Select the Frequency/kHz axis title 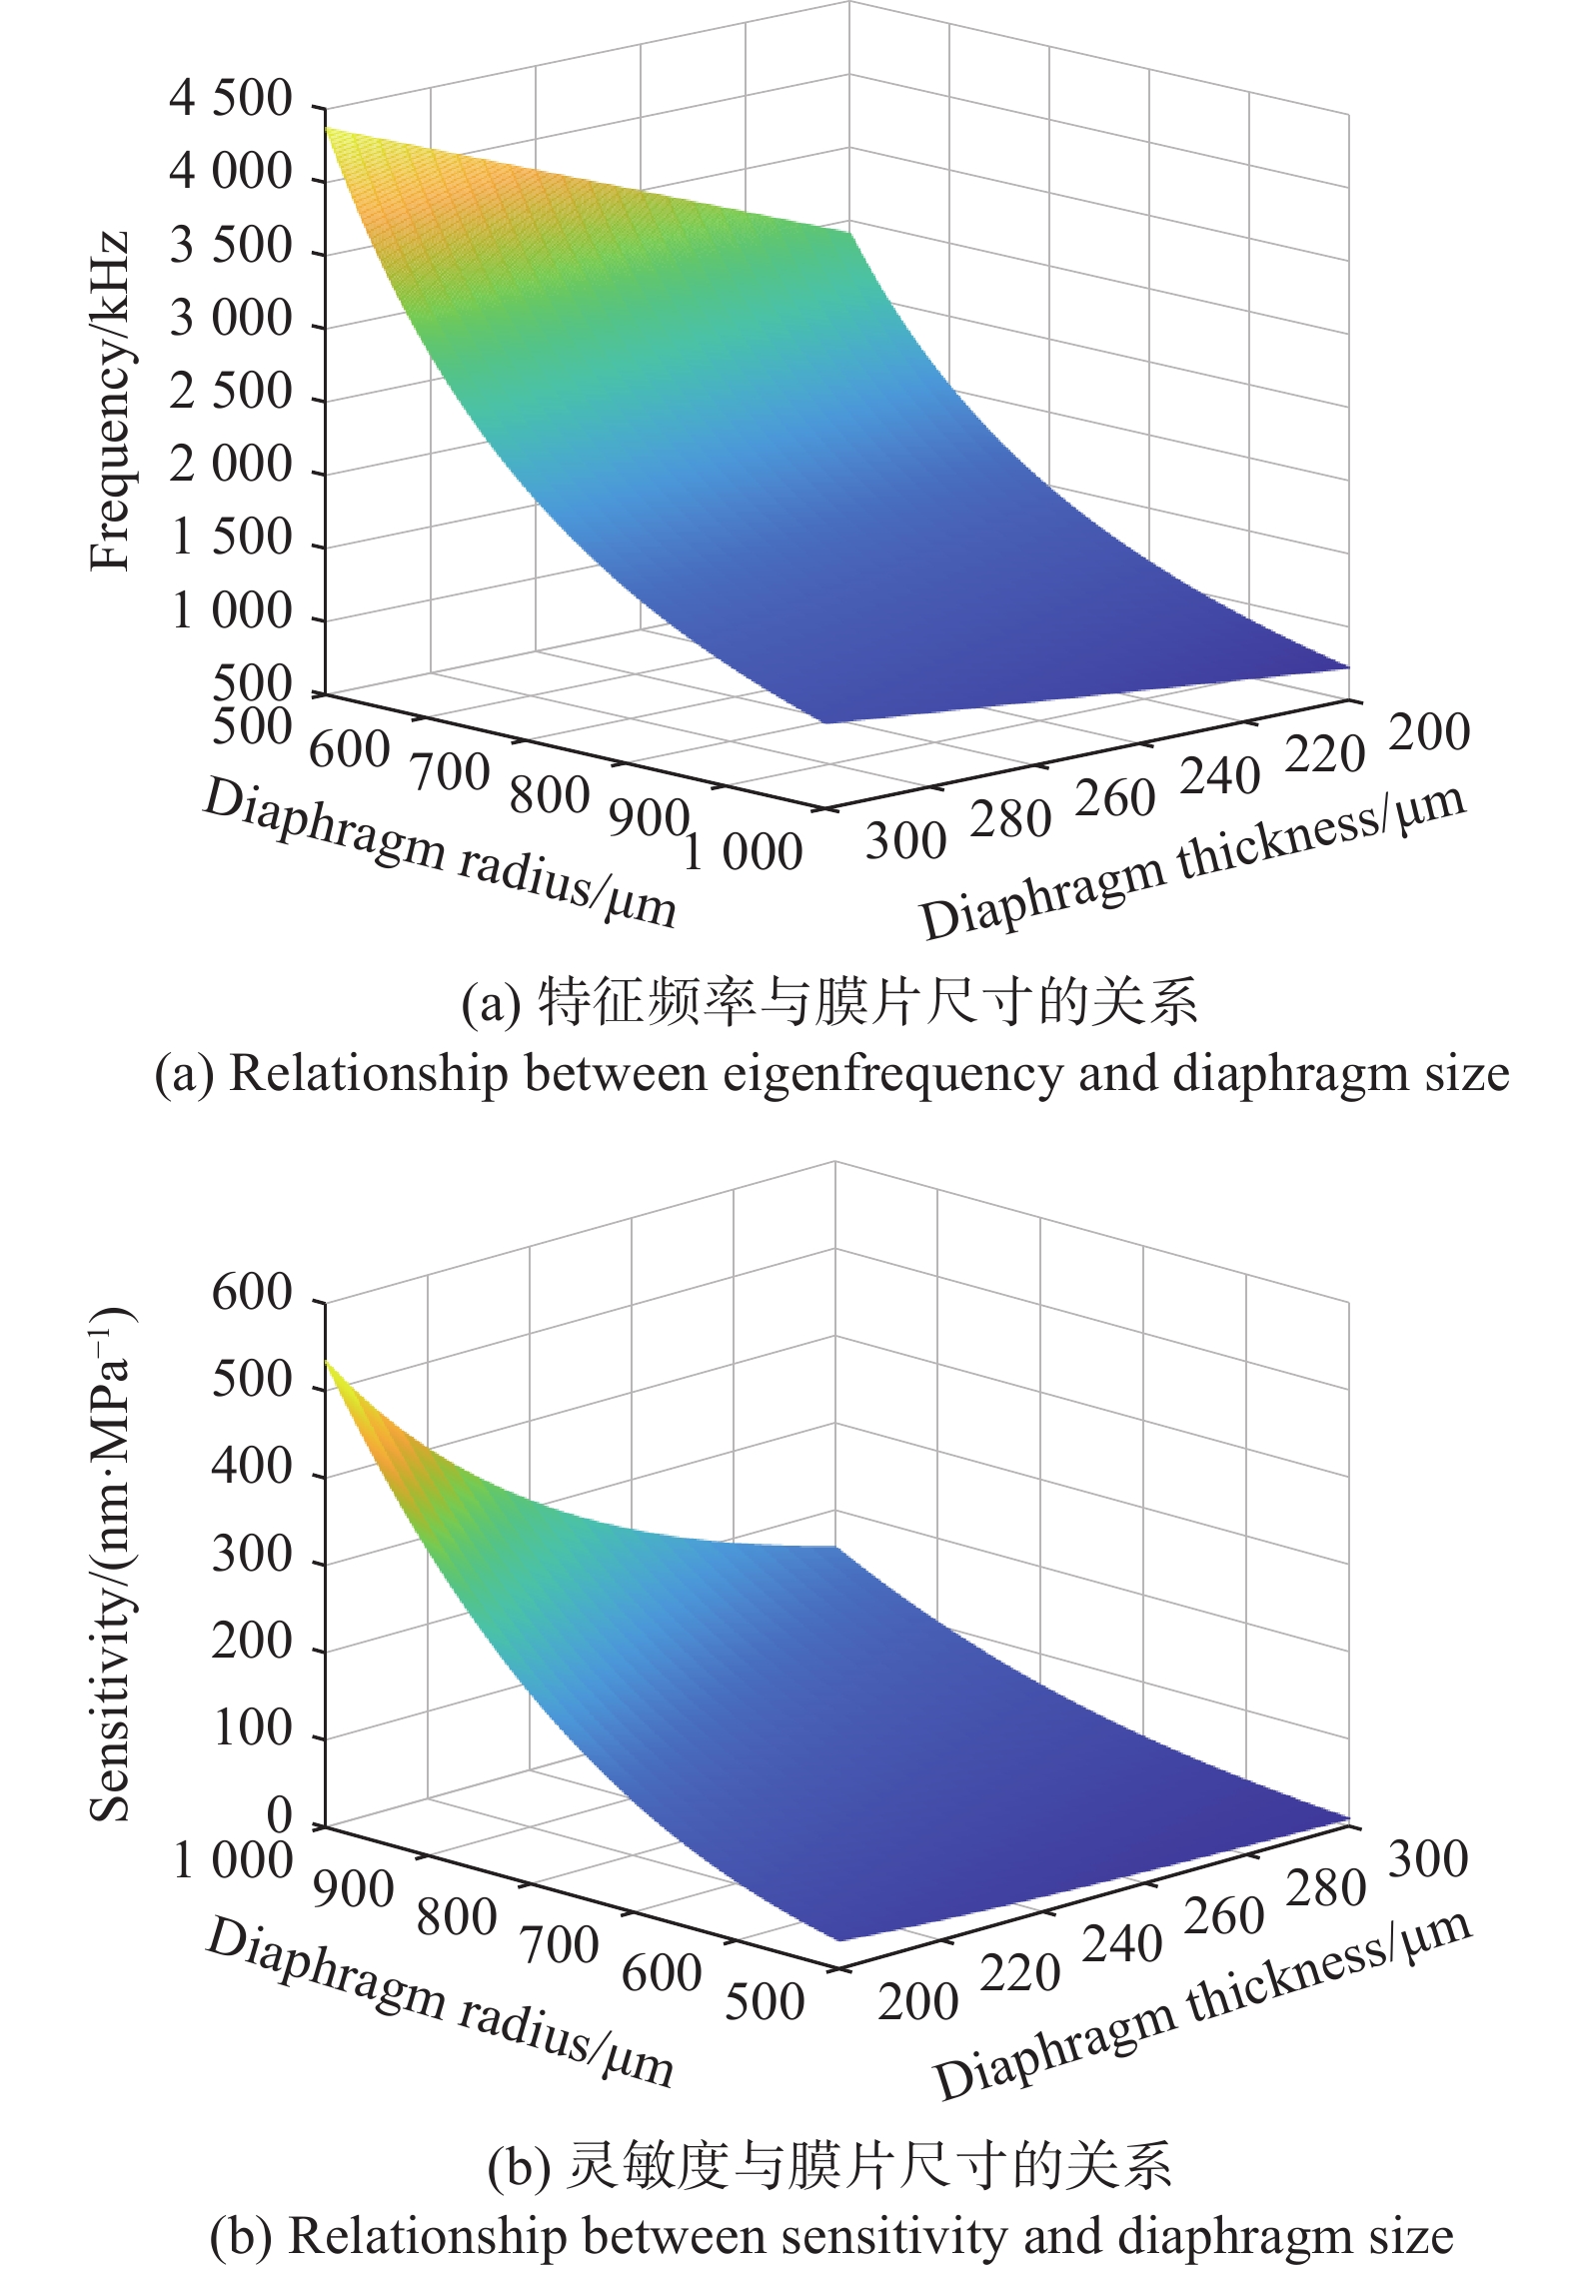pyautogui.click(x=110, y=401)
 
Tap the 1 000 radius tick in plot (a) pyautogui.click(x=743, y=852)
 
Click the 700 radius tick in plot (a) pyautogui.click(x=450, y=770)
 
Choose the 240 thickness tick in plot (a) pyautogui.click(x=1218, y=776)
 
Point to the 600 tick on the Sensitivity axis pyautogui.click(x=252, y=1295)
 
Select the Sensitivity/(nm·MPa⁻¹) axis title pyautogui.click(x=112, y=1562)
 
